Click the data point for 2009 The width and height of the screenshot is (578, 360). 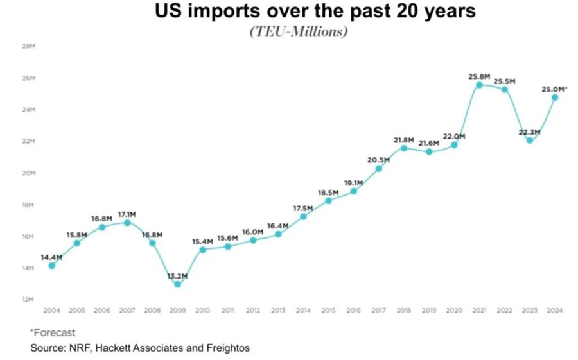coord(177,284)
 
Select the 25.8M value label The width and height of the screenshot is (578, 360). coord(480,76)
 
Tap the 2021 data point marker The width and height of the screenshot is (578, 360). coord(479,85)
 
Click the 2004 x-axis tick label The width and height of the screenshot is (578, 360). coord(52,311)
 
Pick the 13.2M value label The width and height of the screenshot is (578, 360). coord(177,276)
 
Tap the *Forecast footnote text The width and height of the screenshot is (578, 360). coord(53,332)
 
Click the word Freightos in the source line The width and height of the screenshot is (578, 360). coord(226,348)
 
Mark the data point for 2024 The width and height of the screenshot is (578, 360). coord(554,98)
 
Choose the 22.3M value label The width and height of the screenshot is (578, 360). coord(529,132)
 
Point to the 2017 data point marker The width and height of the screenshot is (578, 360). coord(378,169)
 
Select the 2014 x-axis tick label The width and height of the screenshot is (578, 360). coord(303,311)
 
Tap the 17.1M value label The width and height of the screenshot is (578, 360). coord(127,214)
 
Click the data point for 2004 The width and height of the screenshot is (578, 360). coord(52,266)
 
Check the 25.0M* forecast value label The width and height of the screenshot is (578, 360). coord(554,89)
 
